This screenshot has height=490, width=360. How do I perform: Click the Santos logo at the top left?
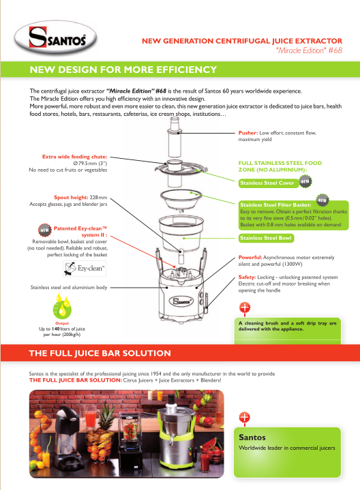coord(56,38)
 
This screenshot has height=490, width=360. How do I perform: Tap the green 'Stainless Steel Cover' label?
coord(267,183)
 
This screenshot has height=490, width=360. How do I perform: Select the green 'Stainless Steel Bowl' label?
coord(266,238)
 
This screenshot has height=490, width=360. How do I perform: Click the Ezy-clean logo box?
coord(85,269)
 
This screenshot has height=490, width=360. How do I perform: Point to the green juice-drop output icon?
coord(62,307)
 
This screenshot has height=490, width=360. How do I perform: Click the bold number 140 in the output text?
coord(55,328)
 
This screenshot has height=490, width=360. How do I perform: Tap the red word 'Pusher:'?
coord(248,133)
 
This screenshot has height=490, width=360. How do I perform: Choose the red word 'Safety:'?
coord(247,277)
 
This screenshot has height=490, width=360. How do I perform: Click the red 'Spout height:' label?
coord(71,198)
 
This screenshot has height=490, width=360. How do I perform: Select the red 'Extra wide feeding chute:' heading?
coord(75,157)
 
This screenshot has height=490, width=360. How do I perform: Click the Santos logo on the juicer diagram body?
coord(181,301)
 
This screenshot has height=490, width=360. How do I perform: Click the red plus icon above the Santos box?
coord(244,417)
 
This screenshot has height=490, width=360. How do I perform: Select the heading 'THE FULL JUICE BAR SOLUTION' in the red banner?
coord(100,353)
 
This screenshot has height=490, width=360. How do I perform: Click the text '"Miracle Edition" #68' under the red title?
coord(310,50)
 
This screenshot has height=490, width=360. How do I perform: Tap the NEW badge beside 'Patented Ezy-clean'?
coord(45,230)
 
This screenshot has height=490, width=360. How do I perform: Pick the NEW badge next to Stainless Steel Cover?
coord(305,181)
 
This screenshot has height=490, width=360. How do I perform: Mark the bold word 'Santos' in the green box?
coord(252,438)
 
